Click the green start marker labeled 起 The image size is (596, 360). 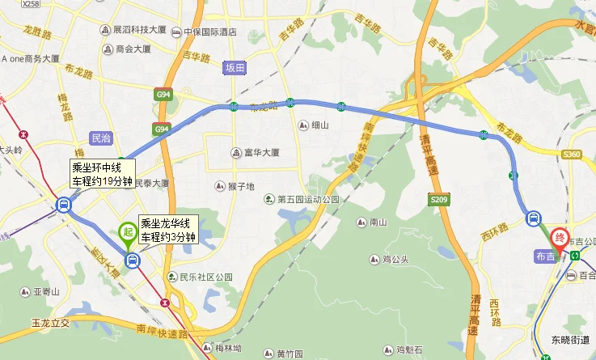[127, 232]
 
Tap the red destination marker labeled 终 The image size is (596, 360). [558, 239]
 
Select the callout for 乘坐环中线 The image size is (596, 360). [104, 174]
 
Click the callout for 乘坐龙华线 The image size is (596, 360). [168, 231]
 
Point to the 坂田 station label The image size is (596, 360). [235, 68]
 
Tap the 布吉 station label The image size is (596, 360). [545, 256]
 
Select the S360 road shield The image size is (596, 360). [573, 154]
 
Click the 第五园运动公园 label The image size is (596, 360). [311, 199]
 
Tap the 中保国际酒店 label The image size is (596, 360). [209, 33]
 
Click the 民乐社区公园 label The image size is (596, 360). [205, 277]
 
